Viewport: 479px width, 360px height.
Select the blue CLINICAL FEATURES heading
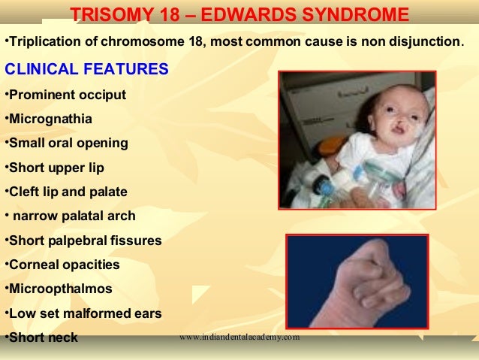(x=87, y=68)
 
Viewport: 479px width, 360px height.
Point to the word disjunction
(x=426, y=41)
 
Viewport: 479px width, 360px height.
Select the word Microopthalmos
(x=61, y=289)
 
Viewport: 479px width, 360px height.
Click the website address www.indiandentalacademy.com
(x=239, y=337)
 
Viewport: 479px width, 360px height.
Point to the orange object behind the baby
(x=330, y=146)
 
